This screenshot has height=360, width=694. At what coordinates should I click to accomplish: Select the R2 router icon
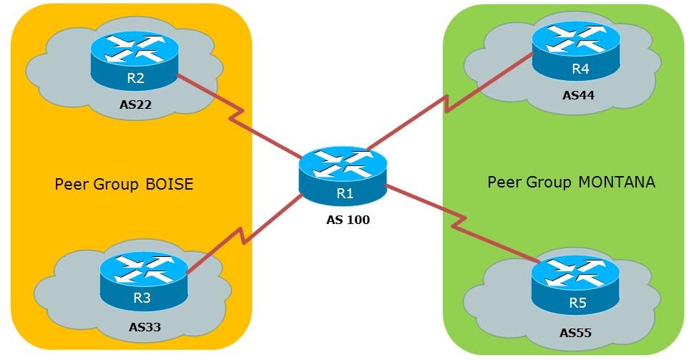point(134,59)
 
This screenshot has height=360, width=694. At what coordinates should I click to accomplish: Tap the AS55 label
point(577,333)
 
